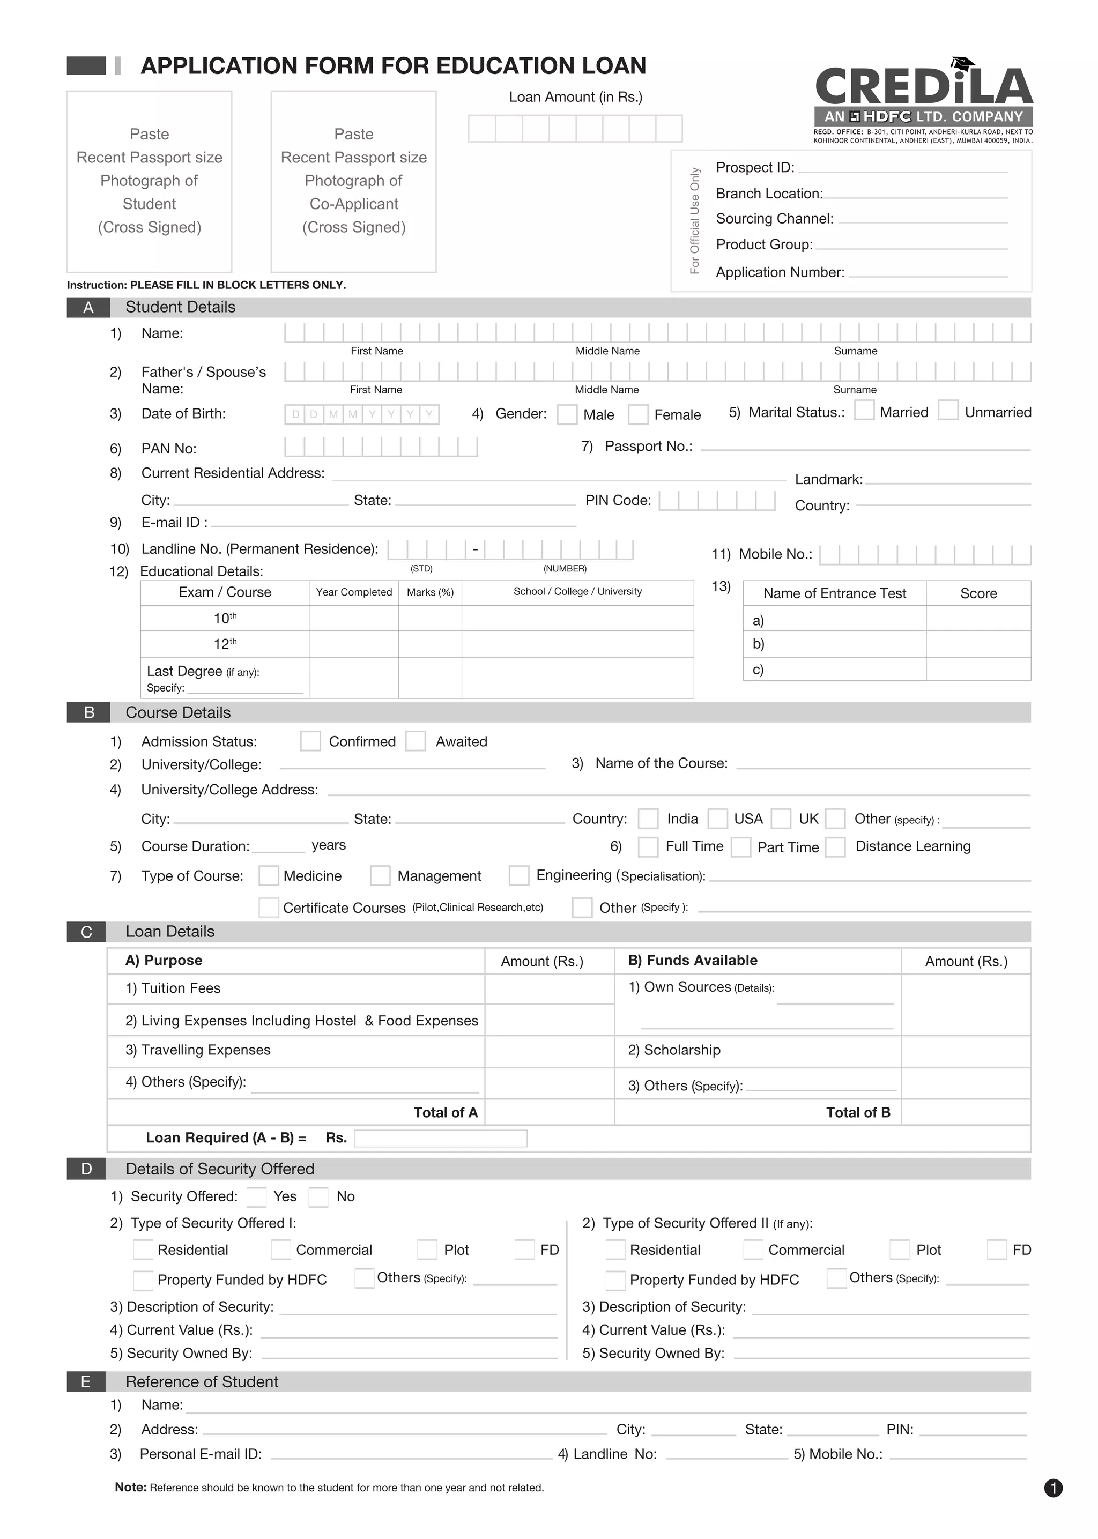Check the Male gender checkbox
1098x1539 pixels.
(567, 414)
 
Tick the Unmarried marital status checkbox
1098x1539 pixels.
(948, 410)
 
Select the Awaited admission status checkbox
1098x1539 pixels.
(415, 741)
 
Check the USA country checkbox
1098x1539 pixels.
(717, 819)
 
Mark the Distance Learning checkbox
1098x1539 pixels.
(836, 847)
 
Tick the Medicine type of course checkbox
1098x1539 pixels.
(269, 875)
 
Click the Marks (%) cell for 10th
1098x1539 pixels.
(429, 618)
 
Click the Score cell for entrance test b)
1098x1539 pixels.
(978, 643)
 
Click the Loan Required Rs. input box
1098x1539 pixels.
(440, 1138)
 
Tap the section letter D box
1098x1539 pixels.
(86, 1169)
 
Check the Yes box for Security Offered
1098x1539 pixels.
(256, 1197)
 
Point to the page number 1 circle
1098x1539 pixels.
(1053, 1488)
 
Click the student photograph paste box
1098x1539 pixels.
(150, 181)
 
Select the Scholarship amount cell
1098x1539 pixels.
(965, 1051)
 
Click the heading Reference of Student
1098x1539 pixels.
(202, 1381)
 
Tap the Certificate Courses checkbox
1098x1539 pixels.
(269, 908)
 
